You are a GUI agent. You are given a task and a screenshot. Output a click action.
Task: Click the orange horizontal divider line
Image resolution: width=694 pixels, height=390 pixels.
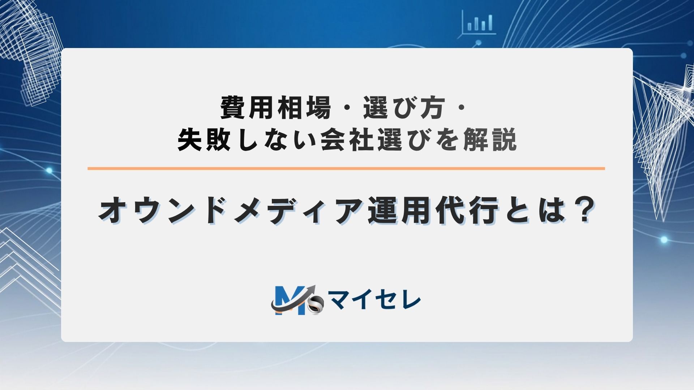[346, 168]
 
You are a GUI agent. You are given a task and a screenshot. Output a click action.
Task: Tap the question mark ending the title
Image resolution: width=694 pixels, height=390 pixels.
[582, 211]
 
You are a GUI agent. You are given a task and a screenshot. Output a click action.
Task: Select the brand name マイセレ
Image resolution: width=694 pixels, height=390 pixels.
[375, 301]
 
